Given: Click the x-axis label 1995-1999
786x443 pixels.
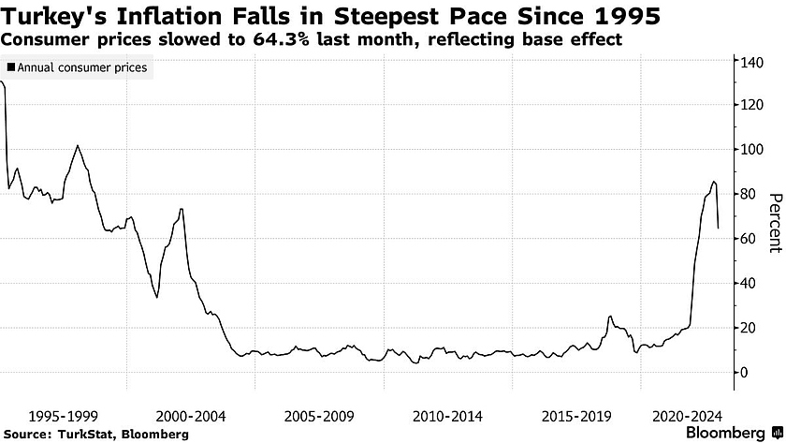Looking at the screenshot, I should tap(64, 414).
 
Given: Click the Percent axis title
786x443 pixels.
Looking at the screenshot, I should tap(774, 222).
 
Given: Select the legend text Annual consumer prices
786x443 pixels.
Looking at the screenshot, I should tap(82, 67).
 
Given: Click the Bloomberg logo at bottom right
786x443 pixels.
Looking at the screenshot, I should tap(735, 433).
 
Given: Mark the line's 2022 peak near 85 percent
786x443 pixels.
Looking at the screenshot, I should tap(714, 182).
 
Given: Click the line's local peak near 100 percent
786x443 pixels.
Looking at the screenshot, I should tap(78, 145).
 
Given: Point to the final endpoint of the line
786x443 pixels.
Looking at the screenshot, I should tap(718, 228).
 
